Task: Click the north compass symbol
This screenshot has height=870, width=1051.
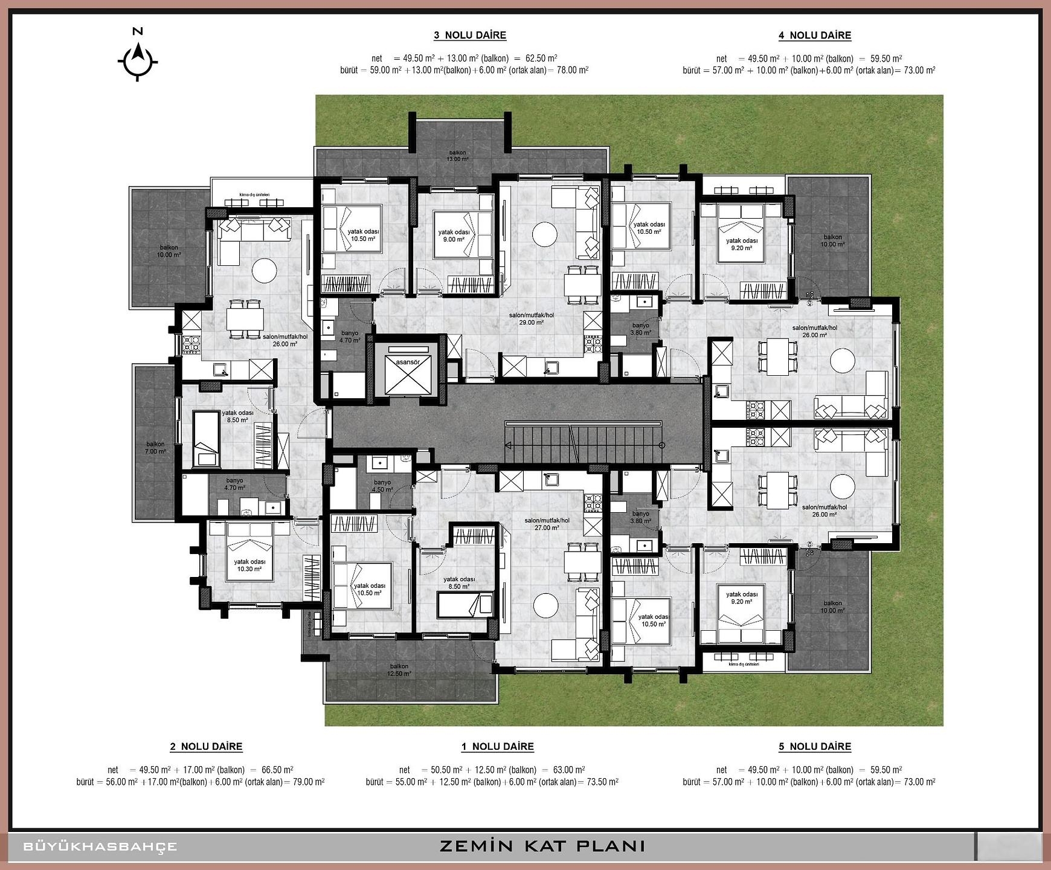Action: pos(138,59)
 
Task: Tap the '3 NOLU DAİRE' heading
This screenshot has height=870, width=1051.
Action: pos(469,35)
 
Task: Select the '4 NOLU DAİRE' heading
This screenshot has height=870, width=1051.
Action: pos(814,35)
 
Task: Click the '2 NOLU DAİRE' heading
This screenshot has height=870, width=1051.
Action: pos(206,746)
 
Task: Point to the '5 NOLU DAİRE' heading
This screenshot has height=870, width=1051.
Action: pos(814,746)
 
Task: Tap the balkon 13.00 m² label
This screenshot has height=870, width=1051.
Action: pos(457,156)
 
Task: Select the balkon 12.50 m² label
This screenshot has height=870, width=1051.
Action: pos(399,670)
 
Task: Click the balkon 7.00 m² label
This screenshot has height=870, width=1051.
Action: pos(155,448)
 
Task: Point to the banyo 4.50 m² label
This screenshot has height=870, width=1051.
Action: pos(382,486)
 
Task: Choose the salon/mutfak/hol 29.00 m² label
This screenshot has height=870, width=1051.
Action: pos(531,319)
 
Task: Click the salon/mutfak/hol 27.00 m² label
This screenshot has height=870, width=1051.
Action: pos(547,524)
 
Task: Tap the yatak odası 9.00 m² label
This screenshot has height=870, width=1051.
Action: pos(454,236)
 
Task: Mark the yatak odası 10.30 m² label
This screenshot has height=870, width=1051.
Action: pos(249,565)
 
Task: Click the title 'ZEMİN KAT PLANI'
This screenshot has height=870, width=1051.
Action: pos(542,846)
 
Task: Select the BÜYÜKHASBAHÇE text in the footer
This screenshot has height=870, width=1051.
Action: pos(100,846)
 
